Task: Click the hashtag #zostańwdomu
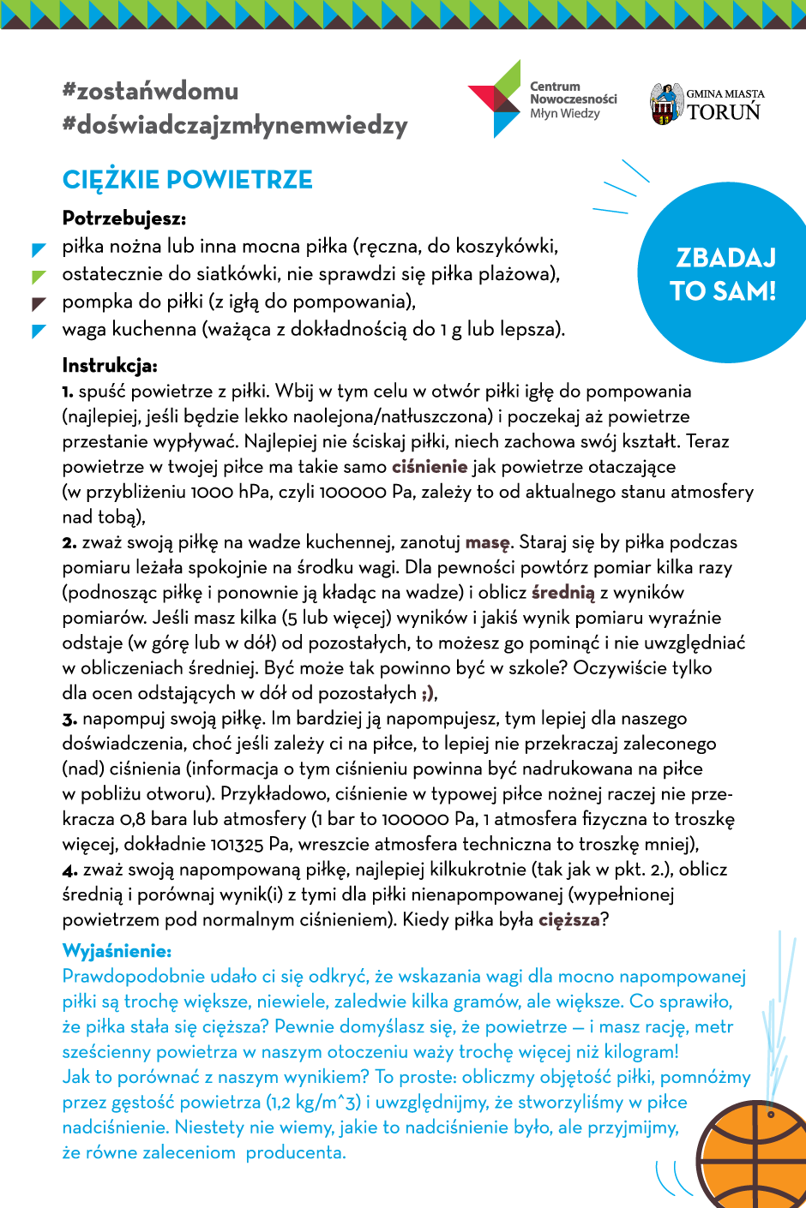(150, 91)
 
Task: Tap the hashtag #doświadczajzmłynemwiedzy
(235, 125)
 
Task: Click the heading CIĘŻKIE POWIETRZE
(188, 180)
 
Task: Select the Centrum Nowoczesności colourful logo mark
(496, 99)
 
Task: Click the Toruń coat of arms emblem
(665, 104)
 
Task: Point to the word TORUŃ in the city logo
(725, 112)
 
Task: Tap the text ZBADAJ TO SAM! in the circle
(724, 274)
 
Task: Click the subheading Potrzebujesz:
(124, 218)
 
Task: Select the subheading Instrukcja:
(110, 366)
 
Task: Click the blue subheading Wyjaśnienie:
(117, 951)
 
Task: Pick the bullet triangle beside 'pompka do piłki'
(39, 303)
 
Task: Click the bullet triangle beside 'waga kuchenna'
(39, 331)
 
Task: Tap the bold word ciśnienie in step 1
(430, 467)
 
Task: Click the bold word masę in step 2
(487, 542)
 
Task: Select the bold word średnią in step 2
(562, 593)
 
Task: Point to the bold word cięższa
(568, 920)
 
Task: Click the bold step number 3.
(69, 719)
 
